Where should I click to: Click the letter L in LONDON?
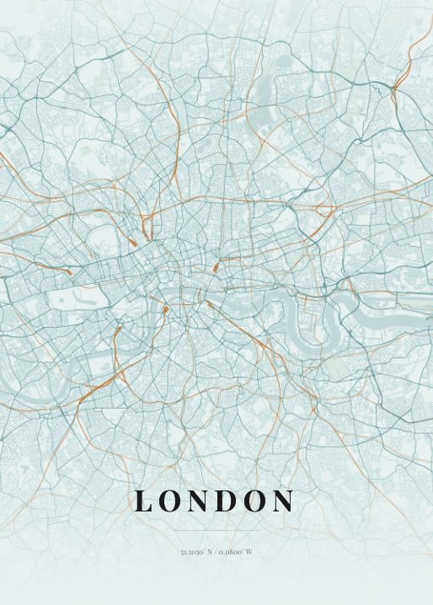(144, 501)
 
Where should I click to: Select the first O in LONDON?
(170, 501)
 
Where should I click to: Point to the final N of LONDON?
(283, 501)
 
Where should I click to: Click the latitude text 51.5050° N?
(195, 552)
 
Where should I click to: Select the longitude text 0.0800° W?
(237, 552)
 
